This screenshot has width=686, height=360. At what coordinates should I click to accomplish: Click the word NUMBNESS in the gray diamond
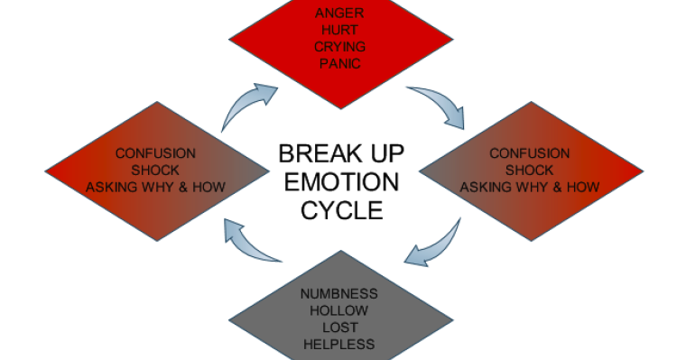click(x=339, y=294)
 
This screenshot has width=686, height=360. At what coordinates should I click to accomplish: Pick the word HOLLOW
click(x=339, y=310)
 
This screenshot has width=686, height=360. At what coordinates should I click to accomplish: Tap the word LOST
click(x=339, y=328)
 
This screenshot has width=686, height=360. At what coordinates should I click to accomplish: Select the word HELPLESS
click(x=339, y=344)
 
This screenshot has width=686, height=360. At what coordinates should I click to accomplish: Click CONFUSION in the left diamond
click(x=155, y=153)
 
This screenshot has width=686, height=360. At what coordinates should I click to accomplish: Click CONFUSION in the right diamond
click(x=530, y=153)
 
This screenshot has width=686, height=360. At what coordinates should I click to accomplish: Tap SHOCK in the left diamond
click(x=155, y=170)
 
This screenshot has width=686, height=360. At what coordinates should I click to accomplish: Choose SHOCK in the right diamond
click(x=530, y=170)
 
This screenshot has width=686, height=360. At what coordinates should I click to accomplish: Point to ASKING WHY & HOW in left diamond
click(x=155, y=187)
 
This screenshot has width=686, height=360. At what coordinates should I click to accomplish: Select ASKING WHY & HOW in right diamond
click(x=530, y=187)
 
